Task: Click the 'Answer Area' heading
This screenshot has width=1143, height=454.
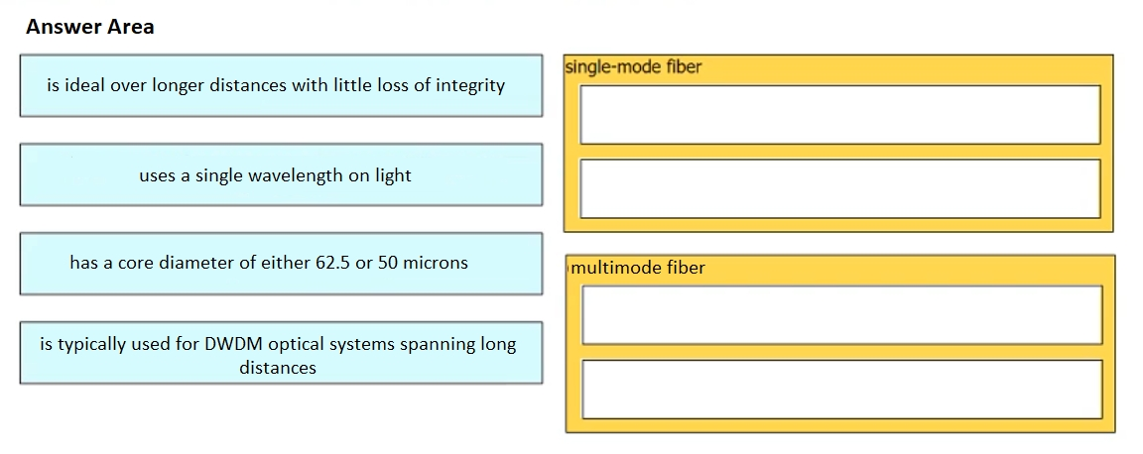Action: [89, 27]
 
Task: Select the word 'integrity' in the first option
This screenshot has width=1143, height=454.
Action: [470, 86]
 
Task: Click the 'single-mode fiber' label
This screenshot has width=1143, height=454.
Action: [633, 67]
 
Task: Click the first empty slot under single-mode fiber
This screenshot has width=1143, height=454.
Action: [839, 114]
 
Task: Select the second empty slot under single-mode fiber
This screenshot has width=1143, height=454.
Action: [839, 188]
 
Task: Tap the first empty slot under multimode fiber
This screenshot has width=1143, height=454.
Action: [842, 315]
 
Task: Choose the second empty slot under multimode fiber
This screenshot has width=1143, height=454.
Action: [842, 390]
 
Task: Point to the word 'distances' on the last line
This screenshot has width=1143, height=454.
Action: [278, 368]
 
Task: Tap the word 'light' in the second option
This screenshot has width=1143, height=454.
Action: [393, 175]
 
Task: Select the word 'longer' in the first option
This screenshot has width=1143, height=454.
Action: [178, 86]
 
